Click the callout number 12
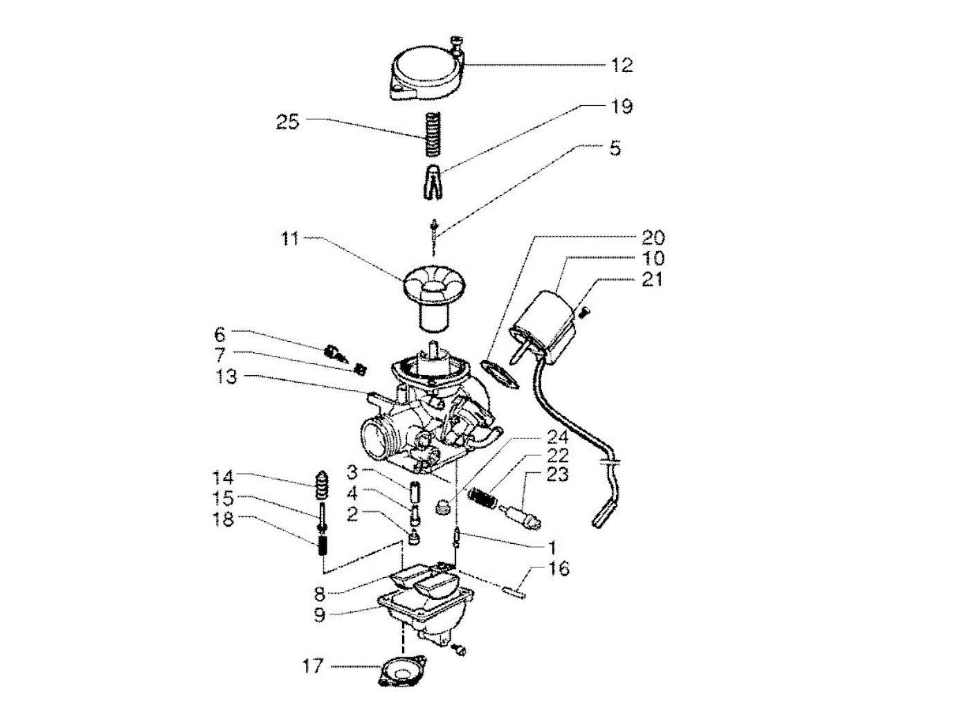coord(622,65)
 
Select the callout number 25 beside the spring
coord(287,122)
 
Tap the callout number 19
coord(622,107)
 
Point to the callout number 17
coord(313,666)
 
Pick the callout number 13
coord(226,378)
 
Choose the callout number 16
coord(559,569)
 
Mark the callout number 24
coord(557,437)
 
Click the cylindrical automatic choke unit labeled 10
coord(547,325)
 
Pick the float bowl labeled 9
coord(415,616)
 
